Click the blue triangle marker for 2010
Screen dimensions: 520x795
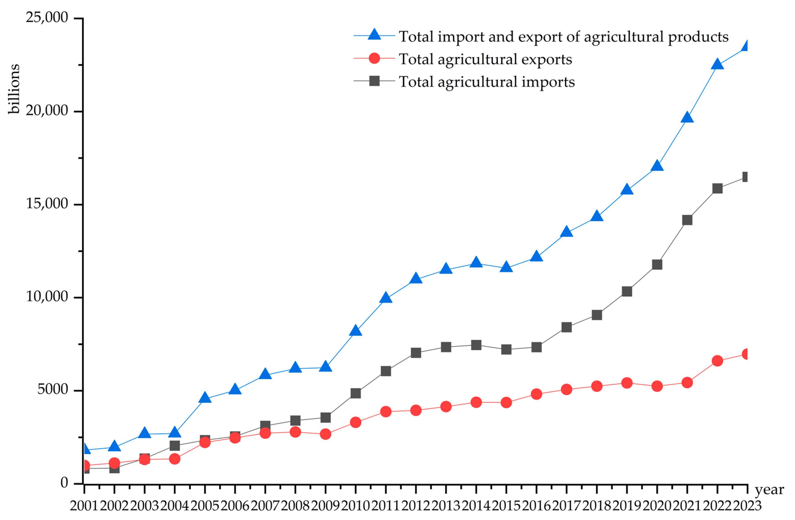pyautogui.click(x=356, y=330)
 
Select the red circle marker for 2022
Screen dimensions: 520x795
pyautogui.click(x=717, y=361)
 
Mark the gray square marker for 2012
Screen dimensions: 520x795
pyautogui.click(x=416, y=353)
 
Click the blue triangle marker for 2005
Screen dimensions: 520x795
pyautogui.click(x=205, y=398)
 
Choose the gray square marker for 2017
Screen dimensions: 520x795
pyautogui.click(x=566, y=327)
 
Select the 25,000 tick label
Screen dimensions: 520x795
pyautogui.click(x=47, y=17)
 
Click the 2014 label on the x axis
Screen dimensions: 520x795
pyautogui.click(x=476, y=506)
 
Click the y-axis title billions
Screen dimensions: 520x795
pyautogui.click(x=14, y=89)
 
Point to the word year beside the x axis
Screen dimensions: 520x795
pyautogui.click(x=769, y=490)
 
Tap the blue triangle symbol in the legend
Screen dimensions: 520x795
pyautogui.click(x=374, y=35)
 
